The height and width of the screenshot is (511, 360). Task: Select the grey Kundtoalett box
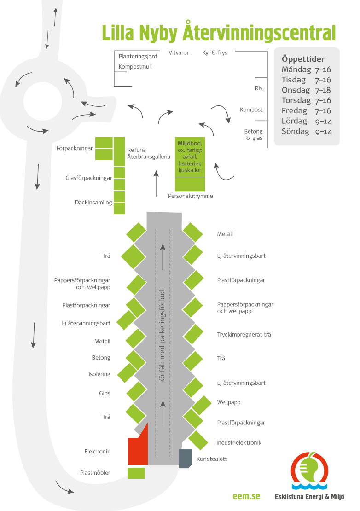[x=185, y=459]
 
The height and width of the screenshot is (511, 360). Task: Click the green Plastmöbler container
[x=136, y=473]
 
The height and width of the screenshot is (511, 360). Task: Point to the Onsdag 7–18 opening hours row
[x=306, y=90]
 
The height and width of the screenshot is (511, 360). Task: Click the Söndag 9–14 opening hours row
[x=307, y=132]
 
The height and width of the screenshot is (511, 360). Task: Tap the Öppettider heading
[x=303, y=59]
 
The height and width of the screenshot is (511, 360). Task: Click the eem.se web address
[x=246, y=496]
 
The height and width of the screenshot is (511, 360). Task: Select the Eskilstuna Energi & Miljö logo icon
[x=309, y=470]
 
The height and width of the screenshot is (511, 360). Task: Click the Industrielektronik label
[x=239, y=442]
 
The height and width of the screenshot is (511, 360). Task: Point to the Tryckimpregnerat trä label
[x=244, y=335]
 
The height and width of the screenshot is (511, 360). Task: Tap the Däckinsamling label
[x=93, y=202]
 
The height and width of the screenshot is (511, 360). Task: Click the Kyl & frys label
[x=215, y=53]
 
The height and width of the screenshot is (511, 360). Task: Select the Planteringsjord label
[x=138, y=57]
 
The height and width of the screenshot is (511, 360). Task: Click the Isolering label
[x=99, y=374]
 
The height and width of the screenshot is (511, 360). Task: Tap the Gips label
[x=105, y=394]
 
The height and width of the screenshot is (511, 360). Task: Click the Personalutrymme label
[x=190, y=196]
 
